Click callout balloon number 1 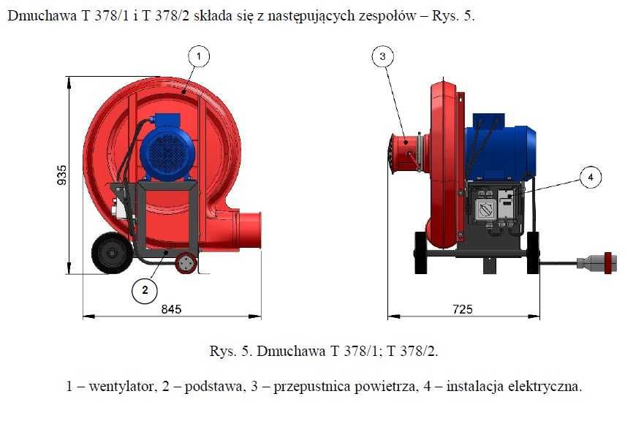pos(199,55)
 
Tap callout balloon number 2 pos(145,290)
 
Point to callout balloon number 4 pos(591,177)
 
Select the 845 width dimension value pos(170,309)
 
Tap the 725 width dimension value pos(462,309)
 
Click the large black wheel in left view pos(110,254)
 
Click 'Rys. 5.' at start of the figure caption pos(229,351)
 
